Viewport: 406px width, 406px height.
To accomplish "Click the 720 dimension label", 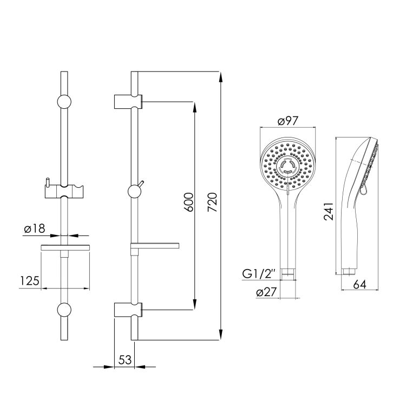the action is pyautogui.click(x=212, y=202).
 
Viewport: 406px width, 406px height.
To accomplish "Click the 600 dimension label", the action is pyautogui.click(x=189, y=202).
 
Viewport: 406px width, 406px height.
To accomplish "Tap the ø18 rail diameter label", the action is pyautogui.click(x=35, y=228).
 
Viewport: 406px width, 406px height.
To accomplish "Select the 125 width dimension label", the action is pyautogui.click(x=30, y=280).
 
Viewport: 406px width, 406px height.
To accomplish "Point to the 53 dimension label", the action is pyautogui.click(x=126, y=359).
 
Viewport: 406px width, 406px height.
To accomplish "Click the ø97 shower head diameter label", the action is pyautogui.click(x=287, y=121).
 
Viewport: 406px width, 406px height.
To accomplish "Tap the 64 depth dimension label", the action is pyautogui.click(x=360, y=285).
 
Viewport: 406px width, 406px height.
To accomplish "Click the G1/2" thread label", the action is pyautogui.click(x=258, y=274).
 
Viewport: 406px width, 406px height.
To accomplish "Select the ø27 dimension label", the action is pyautogui.click(x=267, y=292).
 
